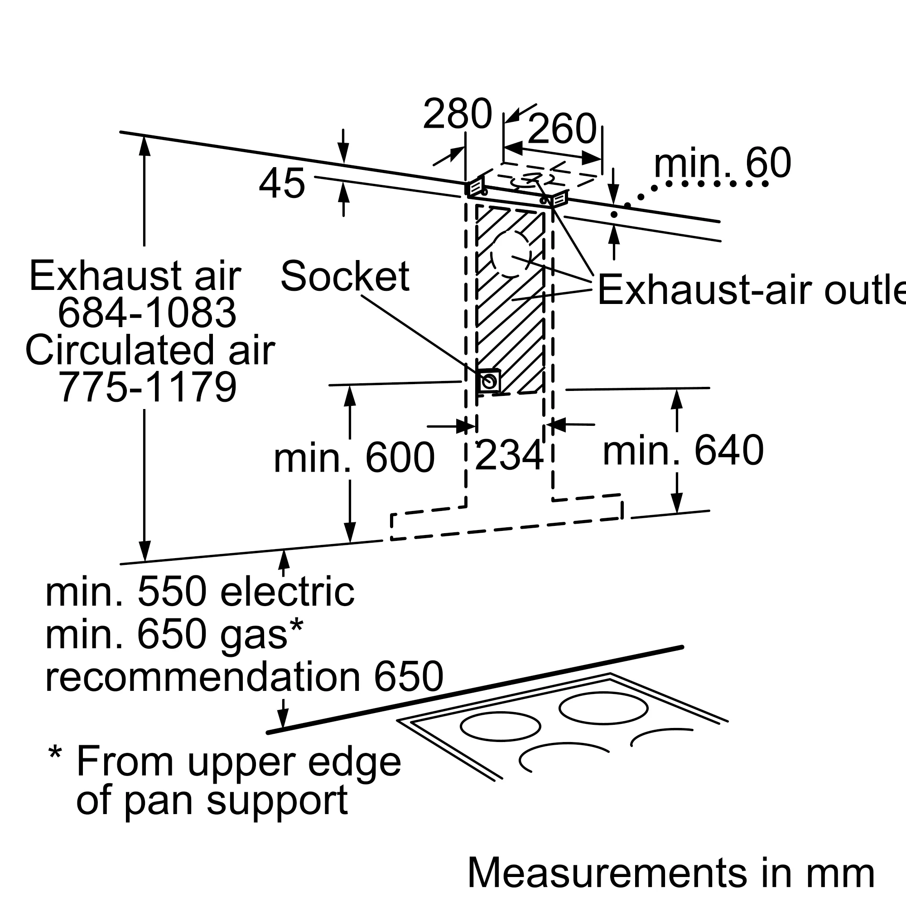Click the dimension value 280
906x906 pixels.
pyautogui.click(x=457, y=114)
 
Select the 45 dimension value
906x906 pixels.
pyautogui.click(x=282, y=183)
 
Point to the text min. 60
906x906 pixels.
pyautogui.click(x=722, y=163)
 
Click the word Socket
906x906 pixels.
pyautogui.click(x=345, y=276)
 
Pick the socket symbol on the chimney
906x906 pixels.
pyautogui.click(x=489, y=381)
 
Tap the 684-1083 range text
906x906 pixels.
pyautogui.click(x=147, y=313)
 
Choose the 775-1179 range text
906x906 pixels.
pyautogui.click(x=147, y=387)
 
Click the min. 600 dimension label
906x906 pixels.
pyautogui.click(x=354, y=458)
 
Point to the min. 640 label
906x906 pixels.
pyautogui.click(x=683, y=450)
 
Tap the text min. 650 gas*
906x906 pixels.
pyautogui.click(x=174, y=634)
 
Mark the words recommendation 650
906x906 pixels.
pyautogui.click(x=244, y=676)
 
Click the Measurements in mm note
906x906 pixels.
pyautogui.click(x=671, y=873)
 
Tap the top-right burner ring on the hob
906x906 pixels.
pyautogui.click(x=603, y=708)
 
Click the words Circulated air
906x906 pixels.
pyautogui.click(x=150, y=350)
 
